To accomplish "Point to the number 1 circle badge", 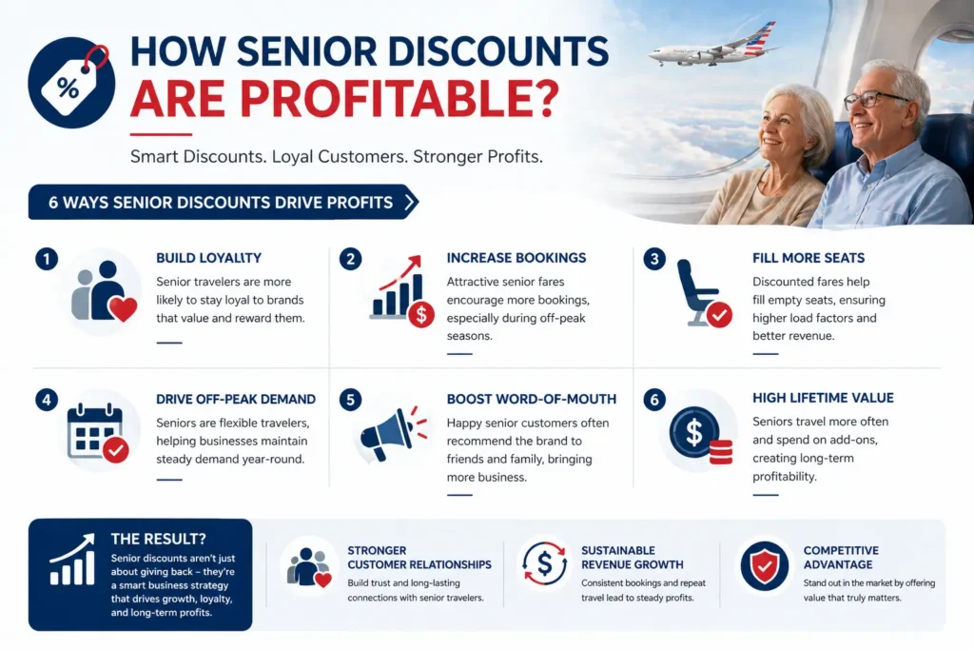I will [x=46, y=258].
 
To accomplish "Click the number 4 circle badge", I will [x=46, y=400].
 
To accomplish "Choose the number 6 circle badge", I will [x=653, y=400].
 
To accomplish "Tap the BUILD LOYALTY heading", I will [x=208, y=258].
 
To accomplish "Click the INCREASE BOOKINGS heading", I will [x=516, y=258].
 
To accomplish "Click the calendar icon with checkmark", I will [x=97, y=433].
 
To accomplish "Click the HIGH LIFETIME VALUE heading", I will [x=823, y=398].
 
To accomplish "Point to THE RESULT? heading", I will [x=154, y=538].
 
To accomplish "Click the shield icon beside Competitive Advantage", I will [x=763, y=566].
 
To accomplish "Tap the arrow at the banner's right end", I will [x=410, y=202].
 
